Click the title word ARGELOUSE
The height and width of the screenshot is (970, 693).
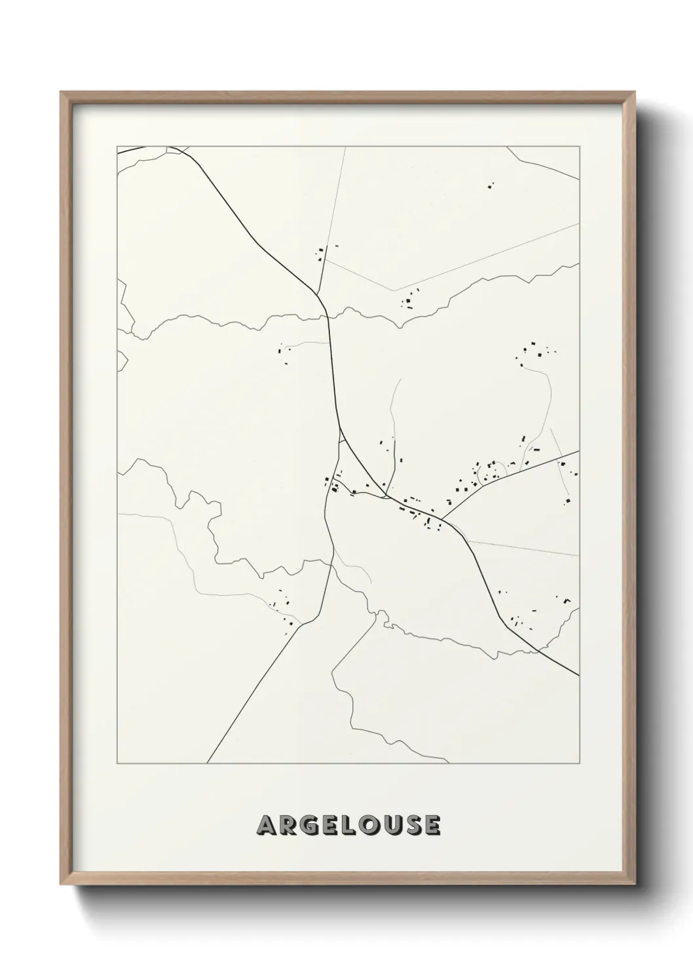(x=348, y=825)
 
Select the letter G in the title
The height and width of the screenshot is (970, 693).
(x=309, y=825)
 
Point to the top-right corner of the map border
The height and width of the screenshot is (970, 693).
(x=579, y=147)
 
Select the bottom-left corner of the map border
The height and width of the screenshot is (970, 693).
(x=118, y=764)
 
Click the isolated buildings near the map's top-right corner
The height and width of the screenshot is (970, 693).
(x=490, y=186)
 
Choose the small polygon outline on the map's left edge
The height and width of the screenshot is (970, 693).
(x=122, y=360)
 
